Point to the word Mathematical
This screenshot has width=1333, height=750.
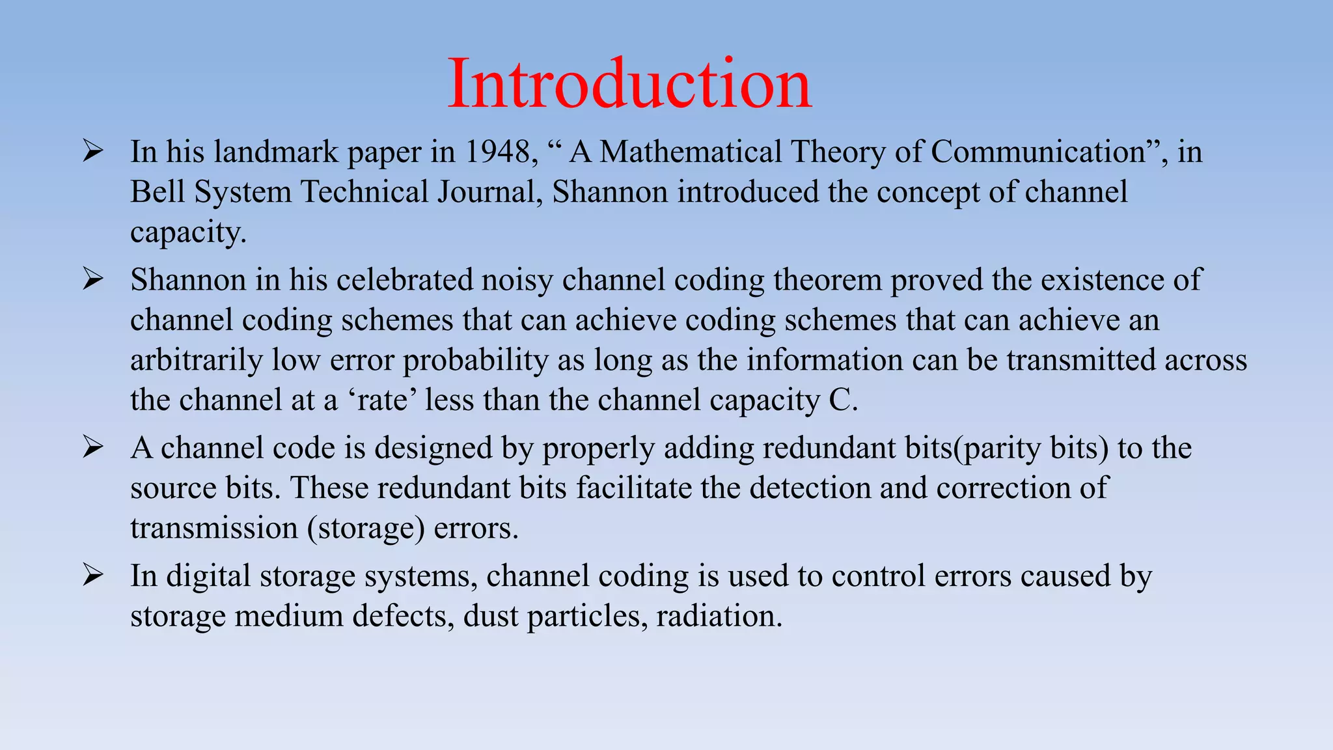tap(690, 152)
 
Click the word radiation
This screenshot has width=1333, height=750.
tap(719, 616)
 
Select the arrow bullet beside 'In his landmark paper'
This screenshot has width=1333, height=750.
tap(93, 152)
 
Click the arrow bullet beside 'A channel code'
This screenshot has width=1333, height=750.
tap(93, 448)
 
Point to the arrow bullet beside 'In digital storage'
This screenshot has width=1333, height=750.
tap(93, 576)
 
